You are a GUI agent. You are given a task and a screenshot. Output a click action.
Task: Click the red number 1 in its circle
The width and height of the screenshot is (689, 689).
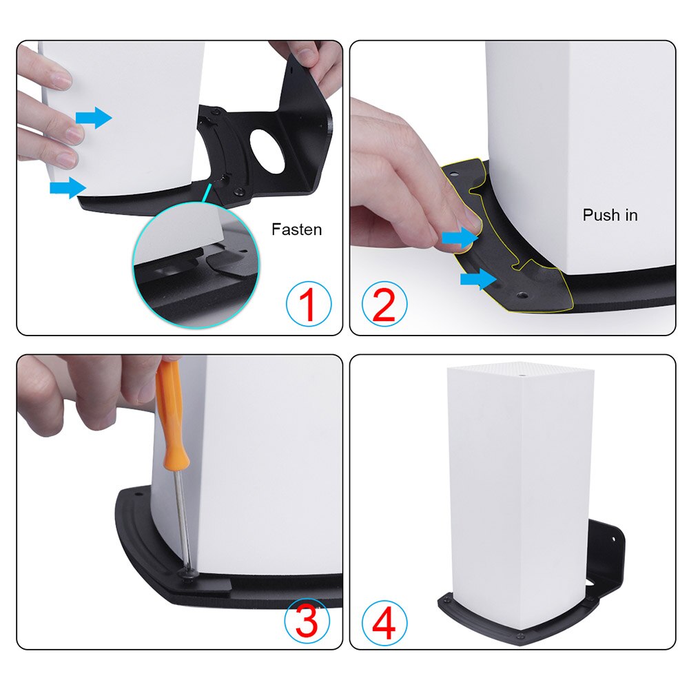[308, 305]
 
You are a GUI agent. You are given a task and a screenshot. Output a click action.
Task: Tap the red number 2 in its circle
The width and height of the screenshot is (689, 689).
[384, 305]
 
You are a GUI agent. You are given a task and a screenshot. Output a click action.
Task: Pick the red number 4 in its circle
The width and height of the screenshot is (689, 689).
[384, 622]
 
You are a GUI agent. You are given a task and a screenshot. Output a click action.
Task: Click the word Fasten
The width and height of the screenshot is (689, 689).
[296, 229]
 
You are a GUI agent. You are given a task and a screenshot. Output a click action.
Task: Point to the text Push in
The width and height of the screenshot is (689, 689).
[610, 215]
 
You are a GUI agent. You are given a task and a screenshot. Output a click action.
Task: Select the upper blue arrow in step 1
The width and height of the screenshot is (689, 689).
[93, 118]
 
